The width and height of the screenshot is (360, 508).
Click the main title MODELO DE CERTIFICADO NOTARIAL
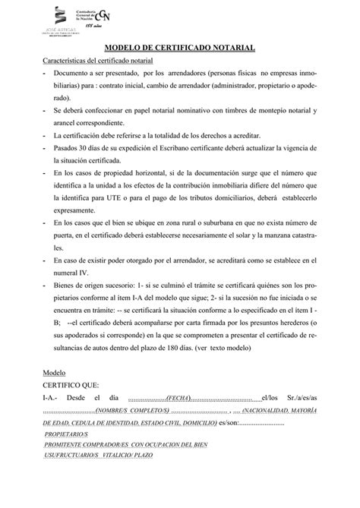click(179, 47)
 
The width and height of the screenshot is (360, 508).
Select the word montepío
click(261, 110)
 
